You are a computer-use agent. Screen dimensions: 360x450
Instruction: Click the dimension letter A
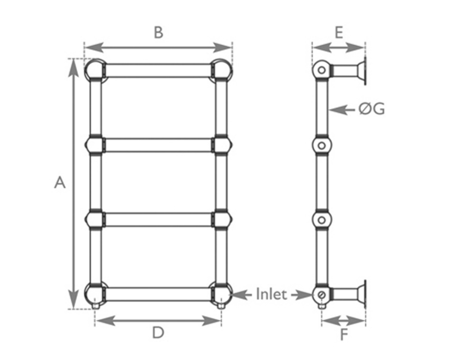click(x=60, y=183)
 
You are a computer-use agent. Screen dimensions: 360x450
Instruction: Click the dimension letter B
click(x=158, y=32)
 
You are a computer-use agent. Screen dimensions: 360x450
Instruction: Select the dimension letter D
click(x=157, y=333)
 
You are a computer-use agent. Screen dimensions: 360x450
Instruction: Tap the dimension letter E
click(x=339, y=32)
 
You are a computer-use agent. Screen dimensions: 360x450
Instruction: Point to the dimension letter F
click(x=344, y=335)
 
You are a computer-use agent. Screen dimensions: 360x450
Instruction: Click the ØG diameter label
click(x=372, y=109)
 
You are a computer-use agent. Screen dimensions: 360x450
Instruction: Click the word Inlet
click(x=271, y=295)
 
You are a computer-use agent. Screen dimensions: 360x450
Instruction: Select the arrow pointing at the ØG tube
click(x=343, y=109)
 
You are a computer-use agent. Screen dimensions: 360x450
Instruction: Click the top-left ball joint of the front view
click(x=95, y=70)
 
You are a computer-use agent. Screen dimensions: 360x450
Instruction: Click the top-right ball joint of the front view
click(x=221, y=70)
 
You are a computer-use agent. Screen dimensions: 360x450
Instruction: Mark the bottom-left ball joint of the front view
click(x=95, y=294)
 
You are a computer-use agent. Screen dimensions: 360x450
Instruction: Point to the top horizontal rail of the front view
click(x=158, y=71)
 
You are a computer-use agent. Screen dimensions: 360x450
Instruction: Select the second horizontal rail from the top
click(x=158, y=145)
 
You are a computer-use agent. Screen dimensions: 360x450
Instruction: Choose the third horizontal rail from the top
click(x=158, y=220)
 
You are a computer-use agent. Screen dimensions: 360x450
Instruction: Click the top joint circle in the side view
click(x=321, y=71)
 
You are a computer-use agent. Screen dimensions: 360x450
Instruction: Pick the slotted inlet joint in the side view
click(x=321, y=295)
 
